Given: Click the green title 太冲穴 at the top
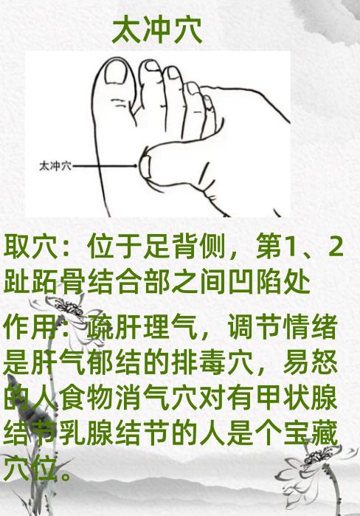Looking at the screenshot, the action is point(157,31).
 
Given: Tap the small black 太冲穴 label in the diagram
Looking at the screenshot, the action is point(55,166).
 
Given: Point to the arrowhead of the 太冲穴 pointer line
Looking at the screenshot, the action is point(135,166).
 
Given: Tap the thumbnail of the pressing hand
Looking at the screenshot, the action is point(145,166).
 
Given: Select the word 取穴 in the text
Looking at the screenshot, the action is point(31,246).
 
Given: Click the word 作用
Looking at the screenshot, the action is point(31,327).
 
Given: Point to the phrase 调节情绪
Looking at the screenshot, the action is point(283,327).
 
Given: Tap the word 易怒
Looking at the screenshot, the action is point(311,362).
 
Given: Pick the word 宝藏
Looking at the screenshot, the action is point(311,433).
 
